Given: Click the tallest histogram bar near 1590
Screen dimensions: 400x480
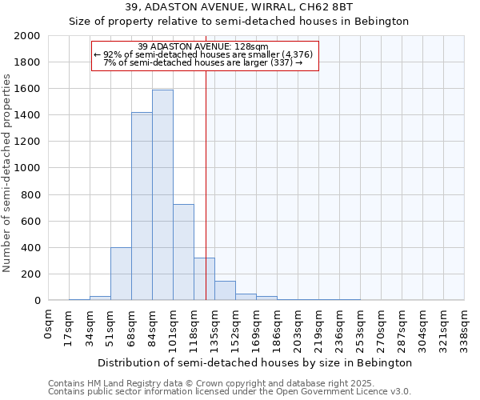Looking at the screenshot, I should (162, 195).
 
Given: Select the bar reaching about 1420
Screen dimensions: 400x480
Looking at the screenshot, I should (142, 206).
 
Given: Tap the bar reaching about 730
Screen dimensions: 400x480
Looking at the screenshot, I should (183, 252).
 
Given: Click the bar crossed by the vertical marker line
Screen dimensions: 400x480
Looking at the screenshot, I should (204, 279).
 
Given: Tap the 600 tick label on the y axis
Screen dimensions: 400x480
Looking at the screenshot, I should (32, 221).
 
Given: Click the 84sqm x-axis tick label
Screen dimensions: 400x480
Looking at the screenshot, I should (153, 323).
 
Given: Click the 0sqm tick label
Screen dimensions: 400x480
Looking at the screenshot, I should (49, 321).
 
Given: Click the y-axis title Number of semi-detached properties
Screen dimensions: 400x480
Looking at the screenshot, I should (8, 173).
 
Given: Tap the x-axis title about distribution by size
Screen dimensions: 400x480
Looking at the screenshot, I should (257, 362).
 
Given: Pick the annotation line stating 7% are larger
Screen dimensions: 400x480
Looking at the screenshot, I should (203, 62).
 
